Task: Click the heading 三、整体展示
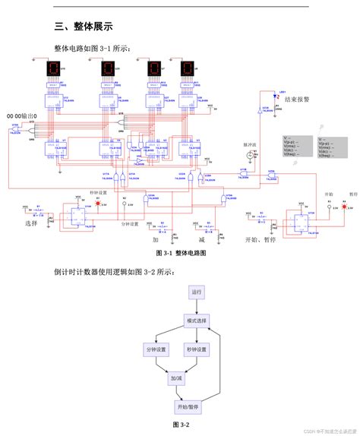(84, 26)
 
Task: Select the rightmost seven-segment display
(187, 70)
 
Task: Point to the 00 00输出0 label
(27, 115)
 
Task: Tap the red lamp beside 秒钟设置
(96, 204)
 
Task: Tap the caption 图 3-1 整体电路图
(180, 252)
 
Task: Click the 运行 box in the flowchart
(197, 292)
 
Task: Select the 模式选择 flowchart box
(197, 321)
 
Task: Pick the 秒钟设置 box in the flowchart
(197, 349)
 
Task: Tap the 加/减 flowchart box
(176, 378)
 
